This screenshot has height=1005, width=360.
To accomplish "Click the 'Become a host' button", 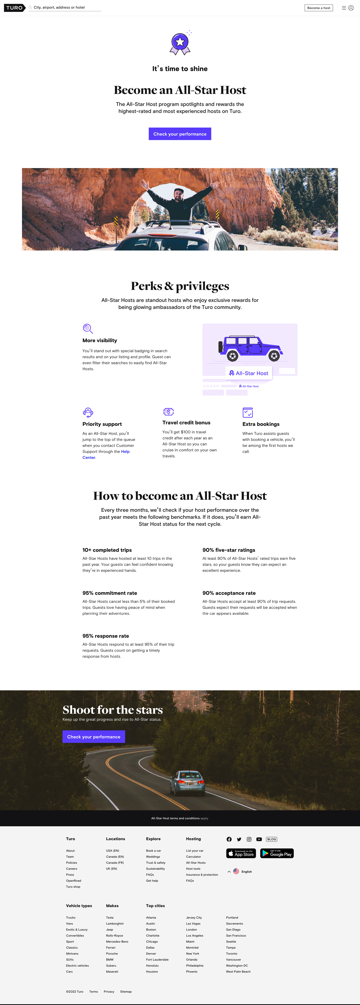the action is point(319,8).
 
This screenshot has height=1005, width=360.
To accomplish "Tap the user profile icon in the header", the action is point(351,8).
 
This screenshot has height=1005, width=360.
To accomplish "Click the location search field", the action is point(66,7).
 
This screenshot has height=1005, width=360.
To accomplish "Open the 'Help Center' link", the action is point(106,454).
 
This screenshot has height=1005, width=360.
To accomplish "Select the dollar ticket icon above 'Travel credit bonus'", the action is point(168,412).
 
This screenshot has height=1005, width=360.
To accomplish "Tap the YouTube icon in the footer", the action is point(259,839).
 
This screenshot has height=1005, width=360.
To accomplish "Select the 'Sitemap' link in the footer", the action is point(126,991).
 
